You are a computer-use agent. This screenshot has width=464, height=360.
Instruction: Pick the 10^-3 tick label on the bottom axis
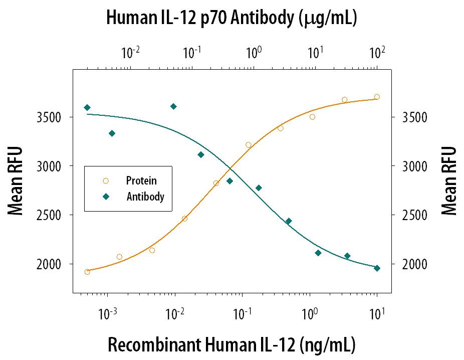point(106,315)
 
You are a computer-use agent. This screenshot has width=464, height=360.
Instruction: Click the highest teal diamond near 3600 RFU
point(173,106)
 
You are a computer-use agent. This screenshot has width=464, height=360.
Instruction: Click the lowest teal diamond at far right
point(377,268)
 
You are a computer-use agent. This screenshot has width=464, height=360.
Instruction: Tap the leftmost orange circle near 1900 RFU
point(87,272)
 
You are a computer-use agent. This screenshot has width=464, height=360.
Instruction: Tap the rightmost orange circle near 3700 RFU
point(377,97)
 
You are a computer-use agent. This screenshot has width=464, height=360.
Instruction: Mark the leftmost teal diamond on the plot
point(87,107)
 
